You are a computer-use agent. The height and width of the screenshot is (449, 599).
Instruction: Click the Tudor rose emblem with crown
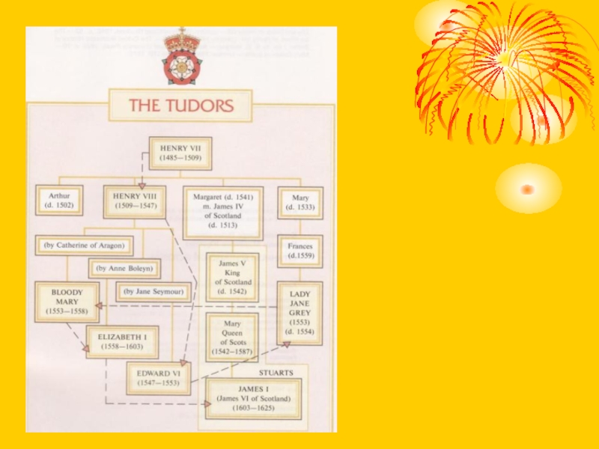[x=180, y=58]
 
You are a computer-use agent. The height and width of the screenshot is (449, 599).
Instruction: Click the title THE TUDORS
[x=180, y=106]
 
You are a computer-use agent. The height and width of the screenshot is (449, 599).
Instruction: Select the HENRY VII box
[x=180, y=153]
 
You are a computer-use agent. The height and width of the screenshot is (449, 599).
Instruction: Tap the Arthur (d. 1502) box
[x=59, y=200]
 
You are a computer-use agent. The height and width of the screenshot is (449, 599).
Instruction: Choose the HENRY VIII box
[x=134, y=201]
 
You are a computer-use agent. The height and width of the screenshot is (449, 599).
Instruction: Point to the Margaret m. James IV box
[x=223, y=212]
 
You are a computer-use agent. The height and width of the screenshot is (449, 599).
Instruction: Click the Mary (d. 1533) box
[x=300, y=202]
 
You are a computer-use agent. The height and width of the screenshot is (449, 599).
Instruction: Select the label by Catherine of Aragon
[x=84, y=245]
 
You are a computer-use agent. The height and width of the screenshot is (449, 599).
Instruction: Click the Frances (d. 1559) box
[x=300, y=251]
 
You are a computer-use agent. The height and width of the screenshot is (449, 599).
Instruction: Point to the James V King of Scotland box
[x=233, y=277]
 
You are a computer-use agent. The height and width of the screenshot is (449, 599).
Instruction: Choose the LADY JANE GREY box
[x=300, y=313]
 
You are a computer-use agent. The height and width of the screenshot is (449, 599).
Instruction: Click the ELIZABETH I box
[x=122, y=342]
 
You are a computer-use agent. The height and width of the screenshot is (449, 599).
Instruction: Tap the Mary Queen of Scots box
[x=233, y=337]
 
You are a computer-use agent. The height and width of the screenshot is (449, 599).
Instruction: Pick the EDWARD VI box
[x=159, y=378]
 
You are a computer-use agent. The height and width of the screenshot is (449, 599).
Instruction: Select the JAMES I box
[x=254, y=398]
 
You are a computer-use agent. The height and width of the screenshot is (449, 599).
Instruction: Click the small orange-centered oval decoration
[x=528, y=189]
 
